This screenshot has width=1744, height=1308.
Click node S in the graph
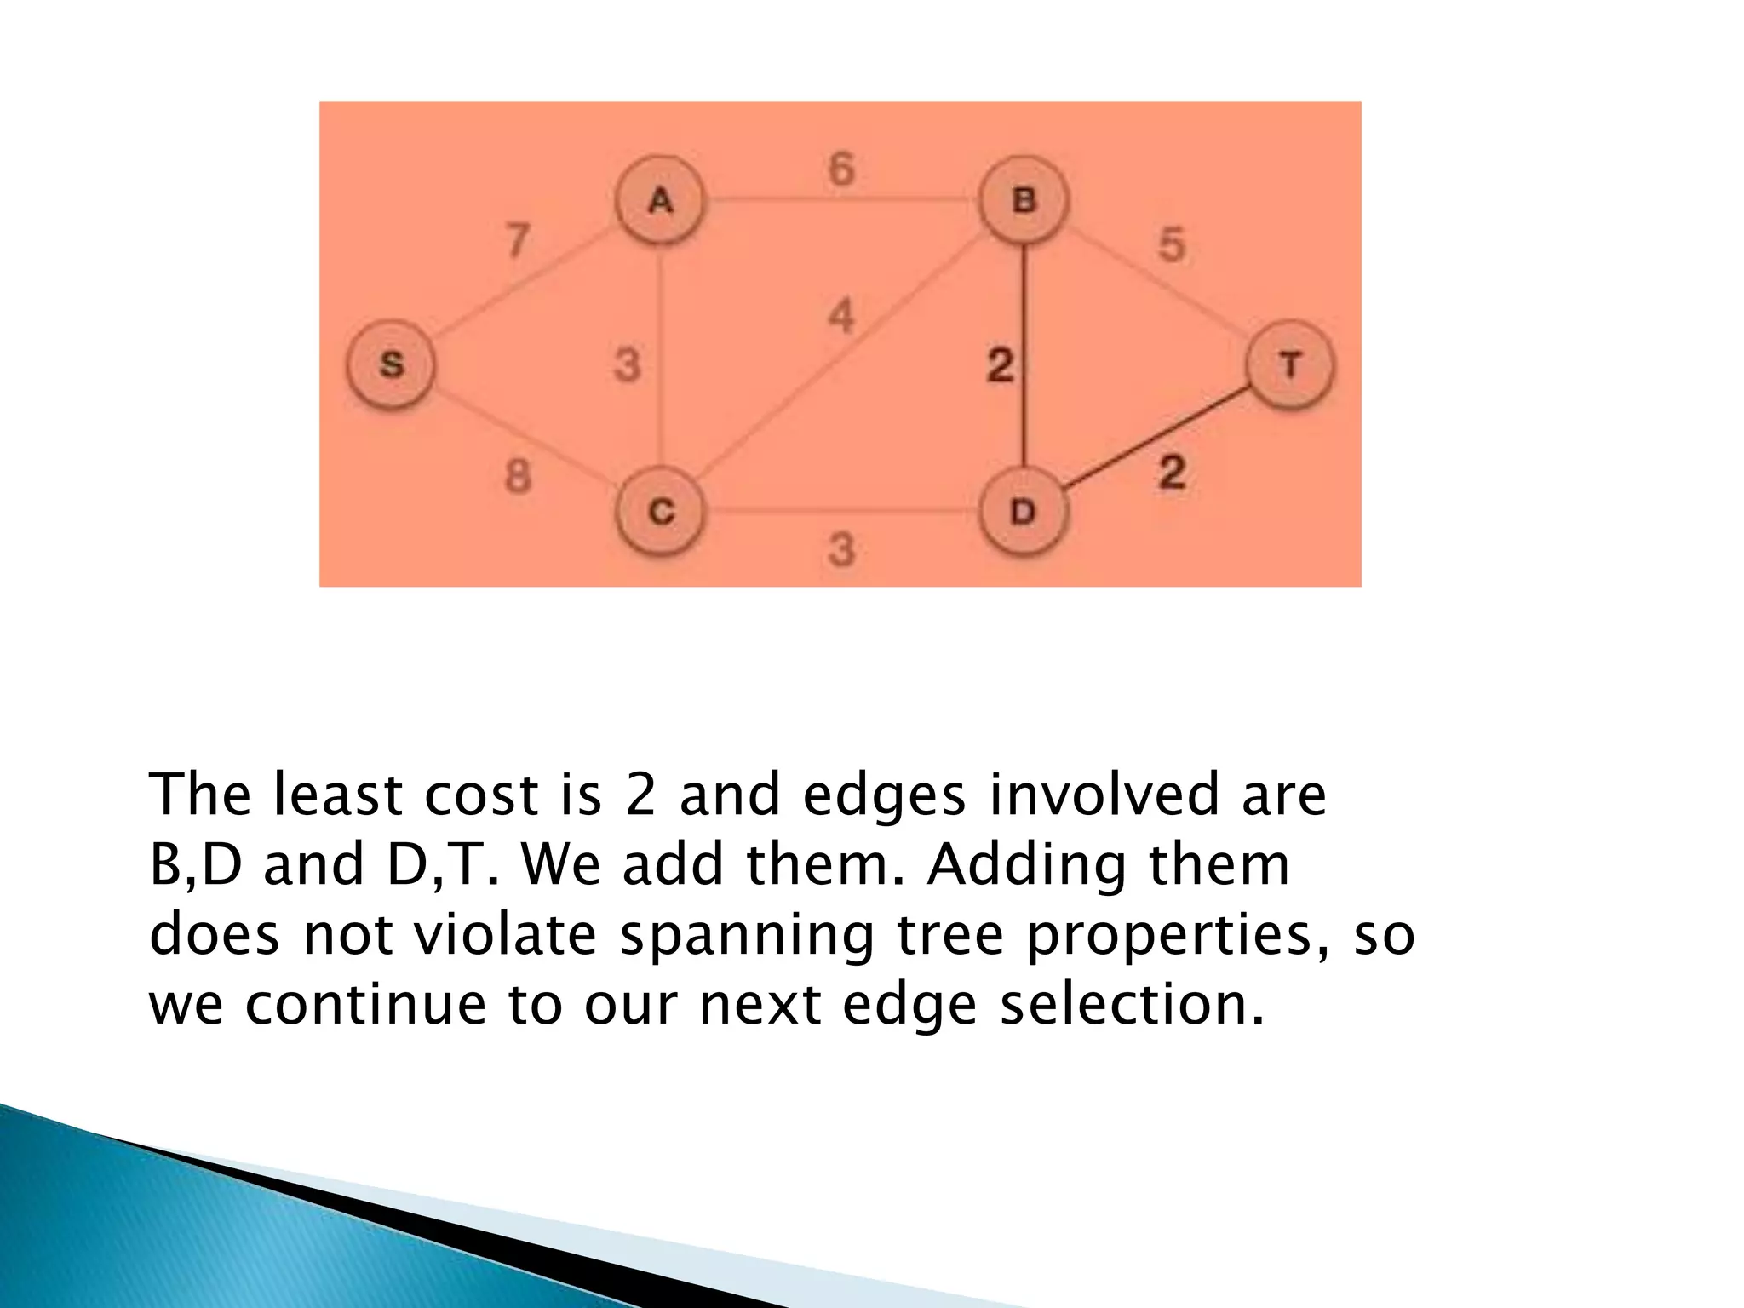click(391, 365)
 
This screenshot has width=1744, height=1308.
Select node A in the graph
click(661, 201)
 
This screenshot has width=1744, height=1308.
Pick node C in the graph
click(661, 512)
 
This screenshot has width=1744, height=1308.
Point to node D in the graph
click(1023, 512)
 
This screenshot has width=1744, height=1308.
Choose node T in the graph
click(1290, 365)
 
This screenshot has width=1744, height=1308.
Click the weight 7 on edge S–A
click(517, 240)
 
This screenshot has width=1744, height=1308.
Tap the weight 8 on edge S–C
click(518, 475)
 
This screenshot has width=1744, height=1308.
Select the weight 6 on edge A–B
click(841, 169)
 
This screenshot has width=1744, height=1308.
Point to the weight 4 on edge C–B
click(841, 317)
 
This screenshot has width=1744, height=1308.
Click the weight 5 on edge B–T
click(1172, 245)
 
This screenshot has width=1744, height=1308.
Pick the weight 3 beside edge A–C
click(628, 365)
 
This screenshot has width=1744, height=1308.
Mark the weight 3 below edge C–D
click(841, 549)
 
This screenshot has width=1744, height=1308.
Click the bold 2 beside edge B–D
click(1000, 365)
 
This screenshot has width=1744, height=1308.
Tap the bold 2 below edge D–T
click(1172, 472)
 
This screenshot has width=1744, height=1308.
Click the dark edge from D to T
click(1158, 439)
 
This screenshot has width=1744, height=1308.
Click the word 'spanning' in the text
click(746, 935)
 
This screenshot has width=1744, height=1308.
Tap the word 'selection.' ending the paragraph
click(1132, 1004)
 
